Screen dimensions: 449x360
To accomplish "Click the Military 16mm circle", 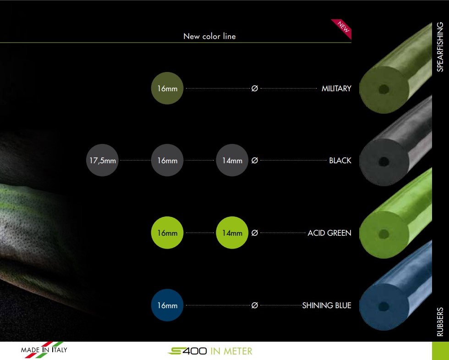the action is coord(167,88).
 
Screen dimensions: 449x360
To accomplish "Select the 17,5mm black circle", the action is coord(102,160).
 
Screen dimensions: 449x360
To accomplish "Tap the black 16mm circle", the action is coord(167,160).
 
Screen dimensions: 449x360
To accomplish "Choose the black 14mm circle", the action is coord(232,160).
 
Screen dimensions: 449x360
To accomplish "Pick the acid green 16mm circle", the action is coord(167,233).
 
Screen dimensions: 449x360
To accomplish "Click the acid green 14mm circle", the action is coord(232,233).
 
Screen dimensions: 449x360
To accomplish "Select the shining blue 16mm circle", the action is coord(167,305).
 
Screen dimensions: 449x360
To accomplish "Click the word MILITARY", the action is coord(336,89).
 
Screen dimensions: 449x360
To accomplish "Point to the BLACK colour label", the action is coord(340,161).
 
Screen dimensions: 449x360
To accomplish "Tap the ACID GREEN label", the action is coord(329,233).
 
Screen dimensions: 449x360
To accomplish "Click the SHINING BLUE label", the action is coord(327,305).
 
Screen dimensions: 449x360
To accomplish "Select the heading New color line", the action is coord(210,36).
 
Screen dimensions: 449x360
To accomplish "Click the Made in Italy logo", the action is coord(44,349).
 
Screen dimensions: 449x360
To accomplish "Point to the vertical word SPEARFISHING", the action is coord(440,47).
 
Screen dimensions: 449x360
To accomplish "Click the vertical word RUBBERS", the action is coord(440,321).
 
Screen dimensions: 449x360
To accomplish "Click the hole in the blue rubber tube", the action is coord(383,307).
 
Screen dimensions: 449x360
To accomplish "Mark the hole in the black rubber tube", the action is coord(383,161).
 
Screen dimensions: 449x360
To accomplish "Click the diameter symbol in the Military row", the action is coord(255,89).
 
